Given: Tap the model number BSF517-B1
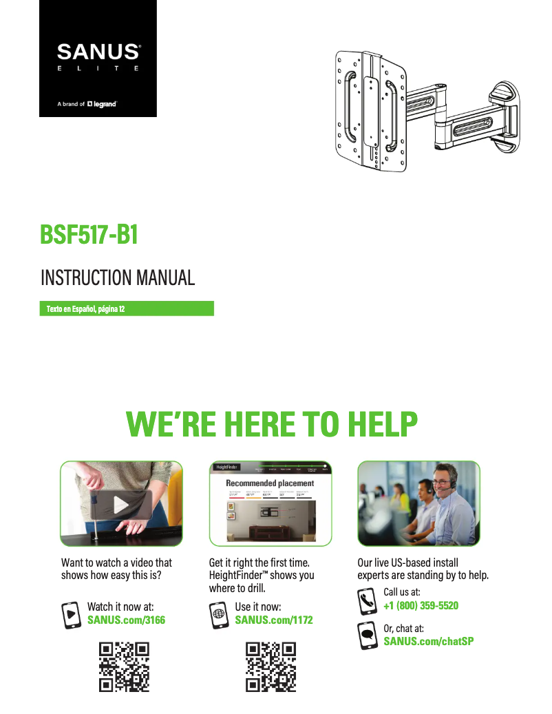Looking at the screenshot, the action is [89, 235].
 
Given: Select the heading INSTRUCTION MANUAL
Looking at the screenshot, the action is [118, 278].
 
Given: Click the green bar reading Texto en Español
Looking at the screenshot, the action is [126, 308].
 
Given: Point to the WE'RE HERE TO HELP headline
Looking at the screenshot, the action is [272, 424].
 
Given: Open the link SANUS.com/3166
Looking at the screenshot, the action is [126, 620].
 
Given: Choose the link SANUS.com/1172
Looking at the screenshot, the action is [274, 620].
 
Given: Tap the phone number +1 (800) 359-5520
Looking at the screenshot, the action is [421, 605].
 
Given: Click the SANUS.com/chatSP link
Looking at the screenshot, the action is [428, 642].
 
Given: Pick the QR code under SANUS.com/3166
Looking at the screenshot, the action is [125, 666].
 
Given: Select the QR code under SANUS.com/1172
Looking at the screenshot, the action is [271, 666].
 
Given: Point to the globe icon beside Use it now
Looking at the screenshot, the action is [220, 614].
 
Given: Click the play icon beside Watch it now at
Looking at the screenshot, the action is [72, 614].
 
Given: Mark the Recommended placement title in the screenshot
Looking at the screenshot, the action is [270, 483].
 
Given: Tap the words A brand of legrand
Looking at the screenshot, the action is [87, 105].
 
